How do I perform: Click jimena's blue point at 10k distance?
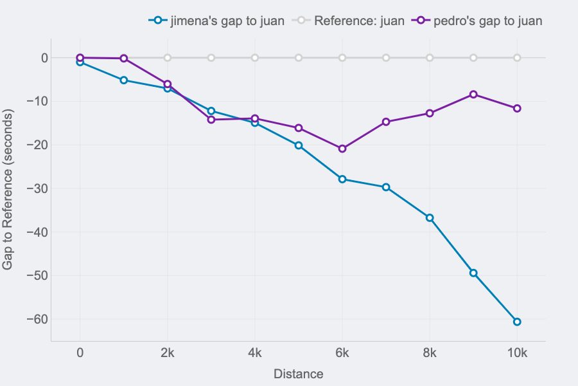pos(517,322)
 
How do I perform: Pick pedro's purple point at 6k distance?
pos(342,149)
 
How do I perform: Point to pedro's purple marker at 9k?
pos(473,95)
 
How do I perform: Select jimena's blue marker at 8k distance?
pos(430,218)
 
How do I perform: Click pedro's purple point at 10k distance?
pos(517,108)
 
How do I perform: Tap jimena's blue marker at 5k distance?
pos(299,145)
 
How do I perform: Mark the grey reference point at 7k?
pos(386,58)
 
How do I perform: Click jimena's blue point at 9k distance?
pos(473,273)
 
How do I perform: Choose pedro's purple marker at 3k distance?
pos(211,120)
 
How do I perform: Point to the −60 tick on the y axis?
pos(37,319)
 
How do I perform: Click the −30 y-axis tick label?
pos(37,188)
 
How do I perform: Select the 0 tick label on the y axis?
pos(44,58)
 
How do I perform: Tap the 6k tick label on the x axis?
pos(342,353)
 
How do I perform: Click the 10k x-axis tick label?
pos(517,353)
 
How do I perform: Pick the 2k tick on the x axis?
pos(168,353)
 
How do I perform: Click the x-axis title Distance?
pos(299,374)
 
